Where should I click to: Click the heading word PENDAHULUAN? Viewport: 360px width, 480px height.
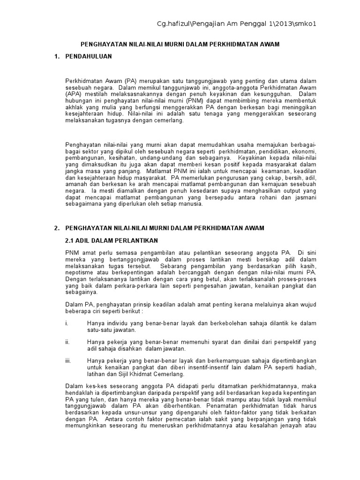89,57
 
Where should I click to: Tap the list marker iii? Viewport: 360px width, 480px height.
68,360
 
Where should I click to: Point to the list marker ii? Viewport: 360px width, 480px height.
67,342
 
